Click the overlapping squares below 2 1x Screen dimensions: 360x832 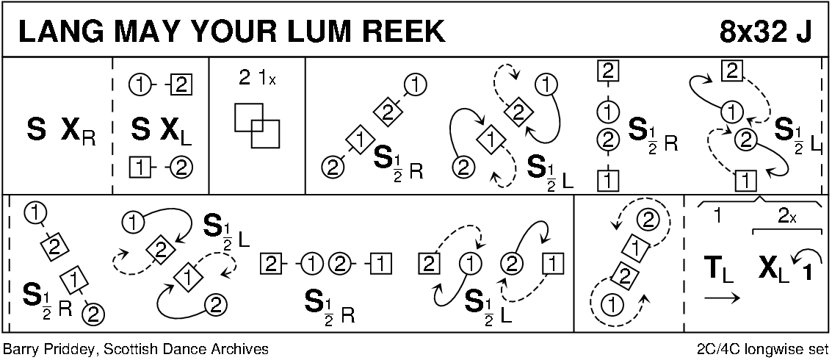[256, 126]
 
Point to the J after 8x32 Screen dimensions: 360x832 [804, 31]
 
